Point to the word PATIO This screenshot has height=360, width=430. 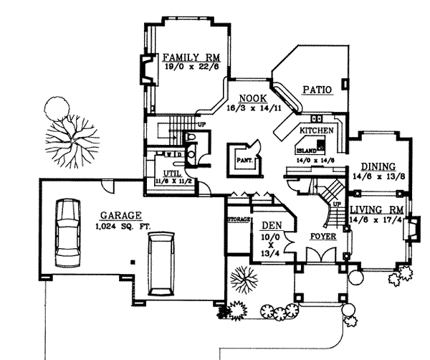coord(316,90)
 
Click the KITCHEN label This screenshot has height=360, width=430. coord(315,131)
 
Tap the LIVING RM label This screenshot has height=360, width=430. coord(377,209)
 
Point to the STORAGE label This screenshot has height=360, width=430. coord(238,219)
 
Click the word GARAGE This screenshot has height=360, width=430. coord(120,214)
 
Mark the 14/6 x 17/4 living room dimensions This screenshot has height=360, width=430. coord(377,220)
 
